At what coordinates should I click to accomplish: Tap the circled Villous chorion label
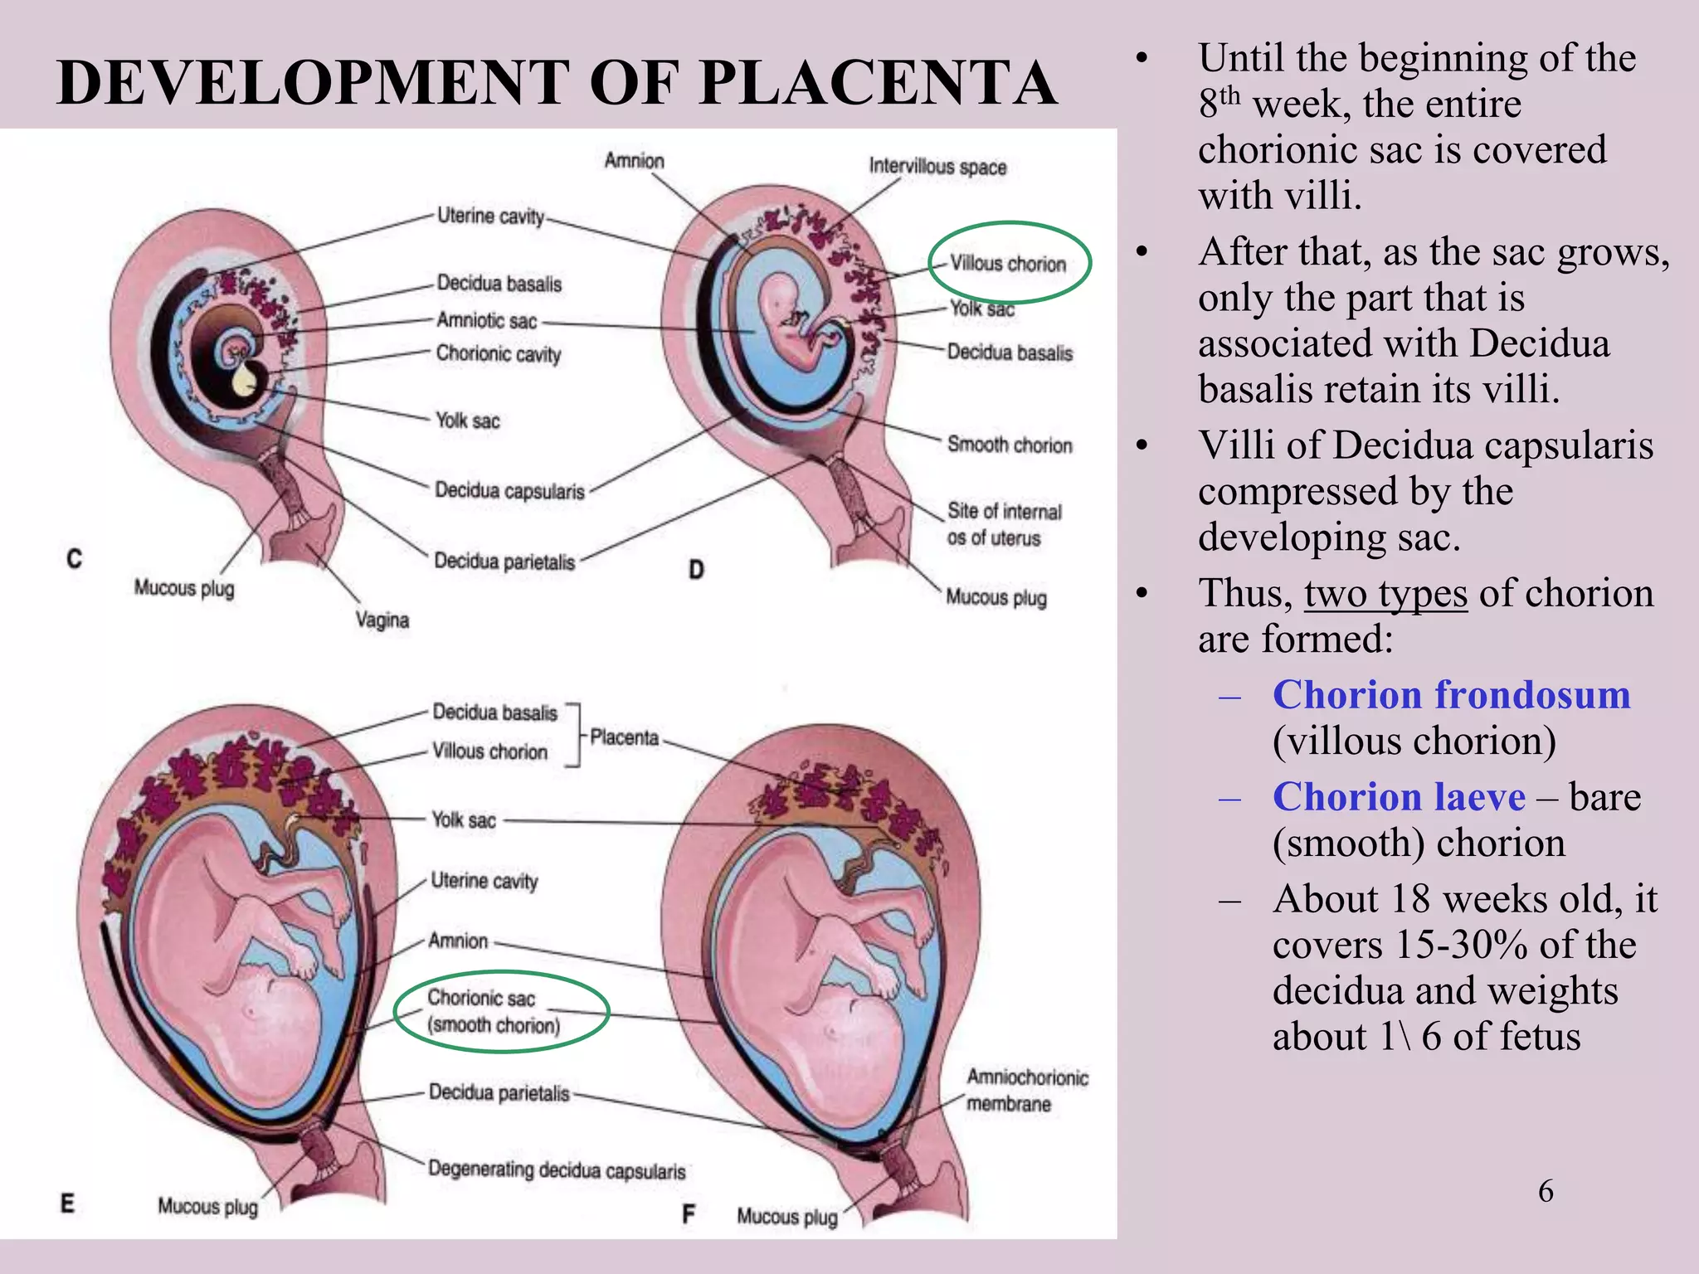(1008, 264)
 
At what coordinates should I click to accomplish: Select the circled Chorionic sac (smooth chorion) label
(494, 1012)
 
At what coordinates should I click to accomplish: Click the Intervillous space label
(937, 167)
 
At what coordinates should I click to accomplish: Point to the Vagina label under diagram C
(382, 620)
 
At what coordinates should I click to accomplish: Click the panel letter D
(696, 569)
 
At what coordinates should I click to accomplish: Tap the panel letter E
(68, 1203)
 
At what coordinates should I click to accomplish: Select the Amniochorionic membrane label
(1027, 1090)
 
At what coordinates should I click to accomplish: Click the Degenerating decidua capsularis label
(557, 1170)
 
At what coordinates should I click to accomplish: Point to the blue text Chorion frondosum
(1452, 695)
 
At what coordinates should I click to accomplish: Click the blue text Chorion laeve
(1399, 797)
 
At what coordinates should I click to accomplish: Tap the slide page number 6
(1546, 1191)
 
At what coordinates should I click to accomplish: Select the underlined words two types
(1385, 594)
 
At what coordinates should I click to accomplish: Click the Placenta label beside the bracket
(624, 737)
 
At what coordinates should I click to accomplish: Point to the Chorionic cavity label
(499, 353)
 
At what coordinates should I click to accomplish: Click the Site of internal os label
(1004, 523)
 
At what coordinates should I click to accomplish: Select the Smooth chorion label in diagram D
(1010, 445)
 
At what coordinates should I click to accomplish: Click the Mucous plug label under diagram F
(787, 1217)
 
